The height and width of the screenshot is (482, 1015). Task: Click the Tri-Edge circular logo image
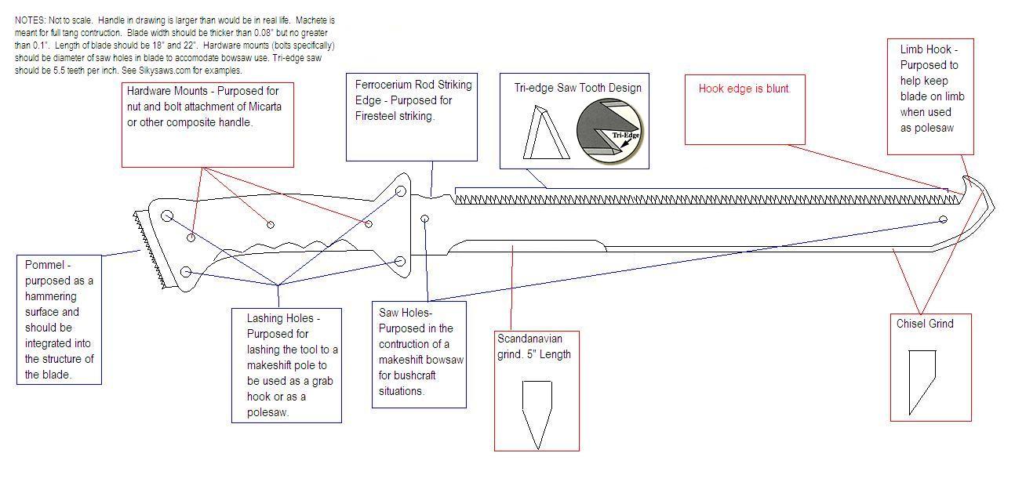(x=609, y=130)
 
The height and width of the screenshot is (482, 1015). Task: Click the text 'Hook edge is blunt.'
(x=744, y=89)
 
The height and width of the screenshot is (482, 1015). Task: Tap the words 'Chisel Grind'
(x=925, y=323)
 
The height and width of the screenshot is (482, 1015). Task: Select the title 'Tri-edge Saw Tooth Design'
(x=577, y=88)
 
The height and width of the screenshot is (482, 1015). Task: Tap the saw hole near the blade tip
(x=943, y=220)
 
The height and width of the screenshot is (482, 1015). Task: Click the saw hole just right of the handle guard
(x=425, y=219)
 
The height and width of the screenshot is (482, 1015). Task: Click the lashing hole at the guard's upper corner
(x=401, y=190)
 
